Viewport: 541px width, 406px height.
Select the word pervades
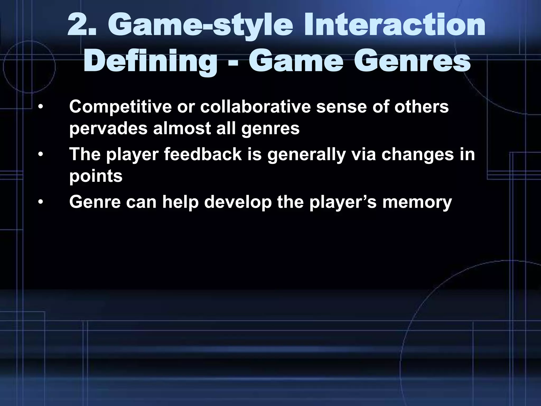point(108,129)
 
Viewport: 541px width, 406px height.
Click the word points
point(96,176)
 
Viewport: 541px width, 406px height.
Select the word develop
point(238,202)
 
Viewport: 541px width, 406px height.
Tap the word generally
point(306,155)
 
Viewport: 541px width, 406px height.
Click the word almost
point(182,129)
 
